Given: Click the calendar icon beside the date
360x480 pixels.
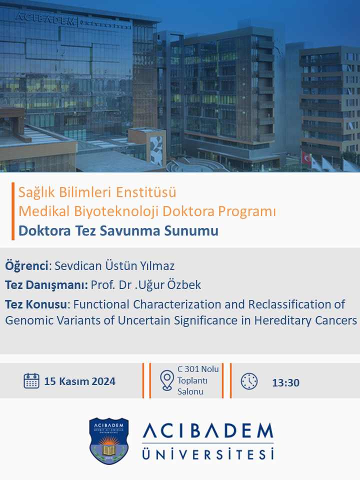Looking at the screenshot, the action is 31,381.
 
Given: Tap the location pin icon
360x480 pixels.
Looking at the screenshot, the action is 167,380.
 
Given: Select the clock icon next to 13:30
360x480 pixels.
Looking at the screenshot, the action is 249,381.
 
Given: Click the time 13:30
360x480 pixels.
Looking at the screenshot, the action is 285,382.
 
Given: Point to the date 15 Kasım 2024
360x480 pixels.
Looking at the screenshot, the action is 79,381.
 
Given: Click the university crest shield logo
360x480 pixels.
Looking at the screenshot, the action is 108,441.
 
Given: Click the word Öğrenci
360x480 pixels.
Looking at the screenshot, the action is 26,265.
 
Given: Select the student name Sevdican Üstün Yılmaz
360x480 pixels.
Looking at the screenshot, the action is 114,265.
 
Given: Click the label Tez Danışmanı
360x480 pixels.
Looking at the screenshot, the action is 46,285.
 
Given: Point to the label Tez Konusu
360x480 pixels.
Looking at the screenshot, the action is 36,304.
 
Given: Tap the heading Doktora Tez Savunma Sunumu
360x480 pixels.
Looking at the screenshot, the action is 118,230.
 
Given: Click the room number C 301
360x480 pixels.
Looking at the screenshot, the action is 189,369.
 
